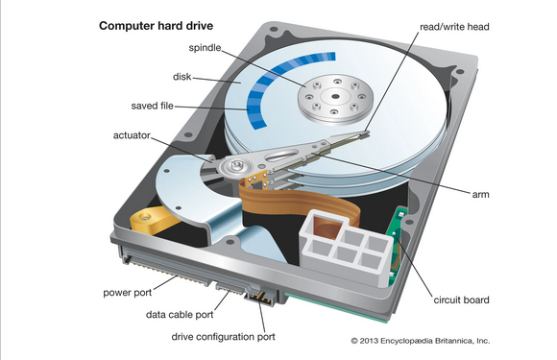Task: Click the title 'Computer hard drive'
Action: click(x=156, y=26)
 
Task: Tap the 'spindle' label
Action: click(x=205, y=48)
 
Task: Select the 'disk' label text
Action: click(x=182, y=77)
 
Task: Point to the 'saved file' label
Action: click(x=152, y=106)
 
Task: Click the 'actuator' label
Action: click(x=132, y=135)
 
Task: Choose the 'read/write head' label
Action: click(x=454, y=27)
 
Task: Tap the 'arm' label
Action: click(x=480, y=195)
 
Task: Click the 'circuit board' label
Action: click(x=461, y=300)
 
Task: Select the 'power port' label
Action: click(x=127, y=293)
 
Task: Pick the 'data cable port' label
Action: click(x=180, y=315)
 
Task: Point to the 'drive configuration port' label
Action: click(x=223, y=337)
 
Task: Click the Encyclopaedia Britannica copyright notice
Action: click(x=421, y=341)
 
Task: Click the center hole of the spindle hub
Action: click(x=335, y=96)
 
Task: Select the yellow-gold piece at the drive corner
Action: click(x=154, y=220)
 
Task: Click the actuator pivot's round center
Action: click(x=236, y=165)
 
